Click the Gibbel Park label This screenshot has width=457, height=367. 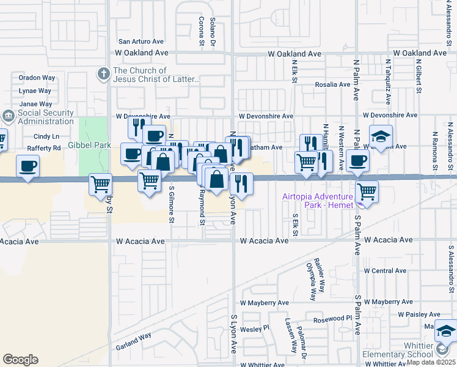pyautogui.click(x=89, y=145)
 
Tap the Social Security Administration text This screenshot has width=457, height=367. pyautogui.click(x=46, y=117)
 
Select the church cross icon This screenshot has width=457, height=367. pyautogui.click(x=103, y=74)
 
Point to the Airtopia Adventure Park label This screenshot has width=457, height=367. pyautogui.click(x=317, y=201)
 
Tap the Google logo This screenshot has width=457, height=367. pyautogui.click(x=20, y=359)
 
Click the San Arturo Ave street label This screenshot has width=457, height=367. pyautogui.click(x=141, y=42)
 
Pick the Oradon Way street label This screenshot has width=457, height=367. pyautogui.click(x=37, y=78)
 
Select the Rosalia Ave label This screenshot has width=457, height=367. pyautogui.click(x=332, y=84)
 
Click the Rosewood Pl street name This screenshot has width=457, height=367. pyautogui.click(x=334, y=319)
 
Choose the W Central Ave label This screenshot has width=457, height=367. pyautogui.click(x=385, y=270)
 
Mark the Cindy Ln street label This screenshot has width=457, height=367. pyautogui.click(x=46, y=136)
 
